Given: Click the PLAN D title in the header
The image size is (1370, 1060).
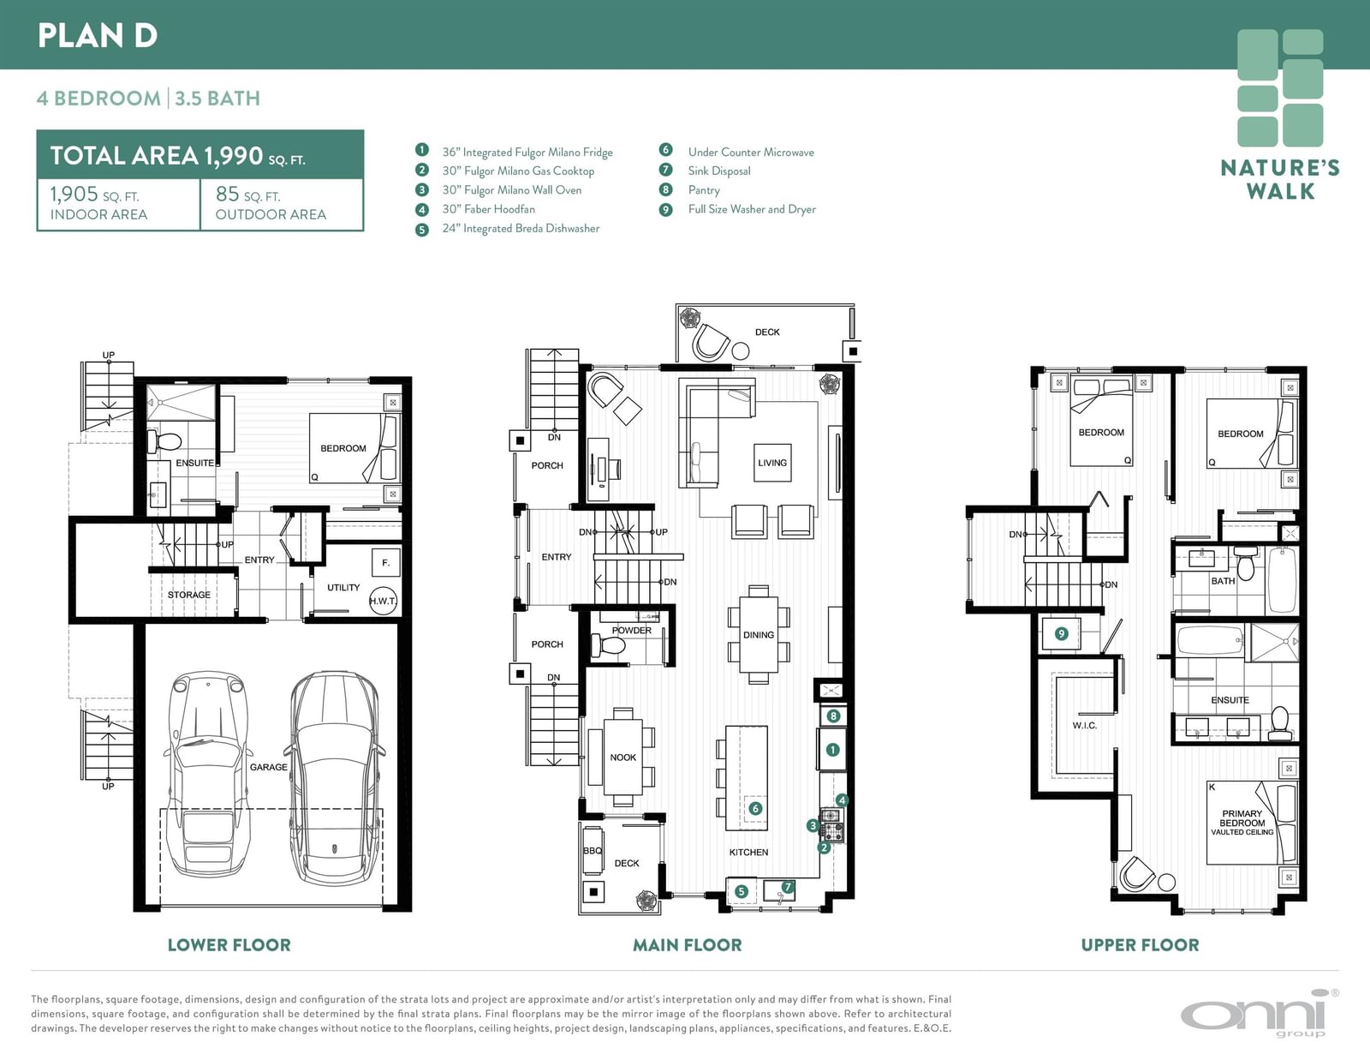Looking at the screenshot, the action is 97,35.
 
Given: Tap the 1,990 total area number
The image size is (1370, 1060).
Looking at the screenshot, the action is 233,156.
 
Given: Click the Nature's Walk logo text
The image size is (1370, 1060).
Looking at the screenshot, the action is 1280,179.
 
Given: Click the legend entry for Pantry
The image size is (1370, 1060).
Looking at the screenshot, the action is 704,190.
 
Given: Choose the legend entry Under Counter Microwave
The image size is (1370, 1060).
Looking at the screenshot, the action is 750,152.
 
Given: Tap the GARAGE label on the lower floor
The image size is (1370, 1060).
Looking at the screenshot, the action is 269,767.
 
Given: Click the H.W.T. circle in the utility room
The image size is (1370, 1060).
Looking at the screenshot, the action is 383,601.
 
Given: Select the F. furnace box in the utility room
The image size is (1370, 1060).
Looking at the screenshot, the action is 386,563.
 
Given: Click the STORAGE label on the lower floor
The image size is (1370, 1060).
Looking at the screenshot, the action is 189,595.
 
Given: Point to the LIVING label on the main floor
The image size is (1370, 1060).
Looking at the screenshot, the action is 772,463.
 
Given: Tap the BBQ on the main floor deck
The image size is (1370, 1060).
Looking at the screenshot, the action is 593,850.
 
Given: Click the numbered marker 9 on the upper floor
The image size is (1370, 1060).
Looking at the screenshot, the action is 1061,633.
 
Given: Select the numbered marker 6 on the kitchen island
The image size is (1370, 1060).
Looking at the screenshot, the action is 755,808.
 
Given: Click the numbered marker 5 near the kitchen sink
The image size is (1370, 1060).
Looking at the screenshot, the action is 742,891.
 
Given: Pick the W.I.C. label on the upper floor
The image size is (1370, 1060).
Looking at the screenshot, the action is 1084,726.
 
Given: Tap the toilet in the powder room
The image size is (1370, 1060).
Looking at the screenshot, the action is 608,645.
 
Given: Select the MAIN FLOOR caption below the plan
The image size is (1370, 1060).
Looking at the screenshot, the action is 688,945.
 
